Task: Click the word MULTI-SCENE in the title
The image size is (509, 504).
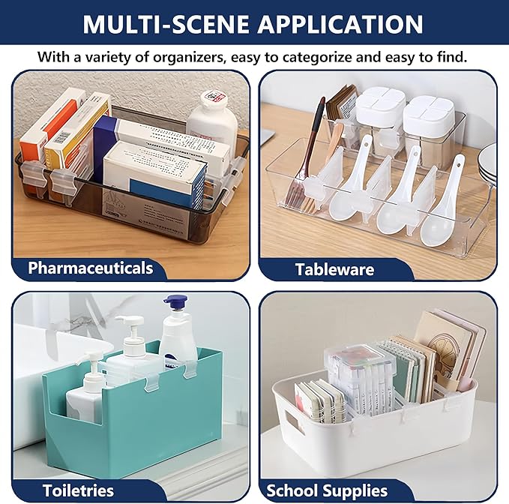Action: [x=166, y=24]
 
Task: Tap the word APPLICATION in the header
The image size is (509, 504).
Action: [x=340, y=24]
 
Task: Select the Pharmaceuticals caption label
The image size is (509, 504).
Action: [x=90, y=268]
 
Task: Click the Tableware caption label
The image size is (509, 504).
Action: [x=334, y=269]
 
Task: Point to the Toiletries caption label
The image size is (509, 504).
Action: [x=78, y=490]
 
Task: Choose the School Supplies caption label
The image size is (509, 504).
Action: [x=327, y=490]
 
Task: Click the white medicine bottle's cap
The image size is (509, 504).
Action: [x=211, y=99]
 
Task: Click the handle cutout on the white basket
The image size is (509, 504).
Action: [x=295, y=421]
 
